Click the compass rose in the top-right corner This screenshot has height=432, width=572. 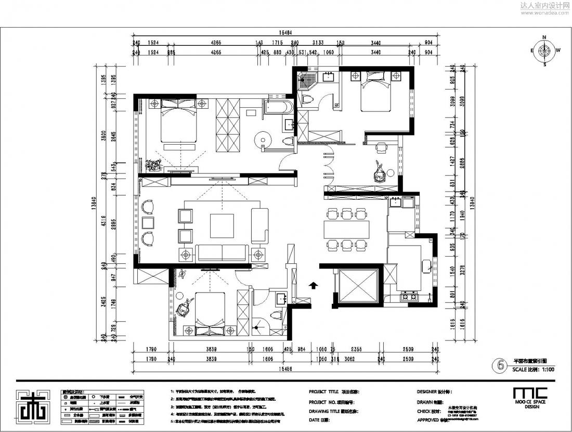tap(544, 51)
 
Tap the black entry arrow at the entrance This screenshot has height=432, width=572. tap(313, 285)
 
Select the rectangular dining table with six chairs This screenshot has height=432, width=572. tap(346, 229)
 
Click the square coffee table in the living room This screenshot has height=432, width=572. tap(222, 225)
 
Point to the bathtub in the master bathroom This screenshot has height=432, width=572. tap(279, 108)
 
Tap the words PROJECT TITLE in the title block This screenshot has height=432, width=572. tap(323, 391)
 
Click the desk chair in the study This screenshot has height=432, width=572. tap(381, 148)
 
